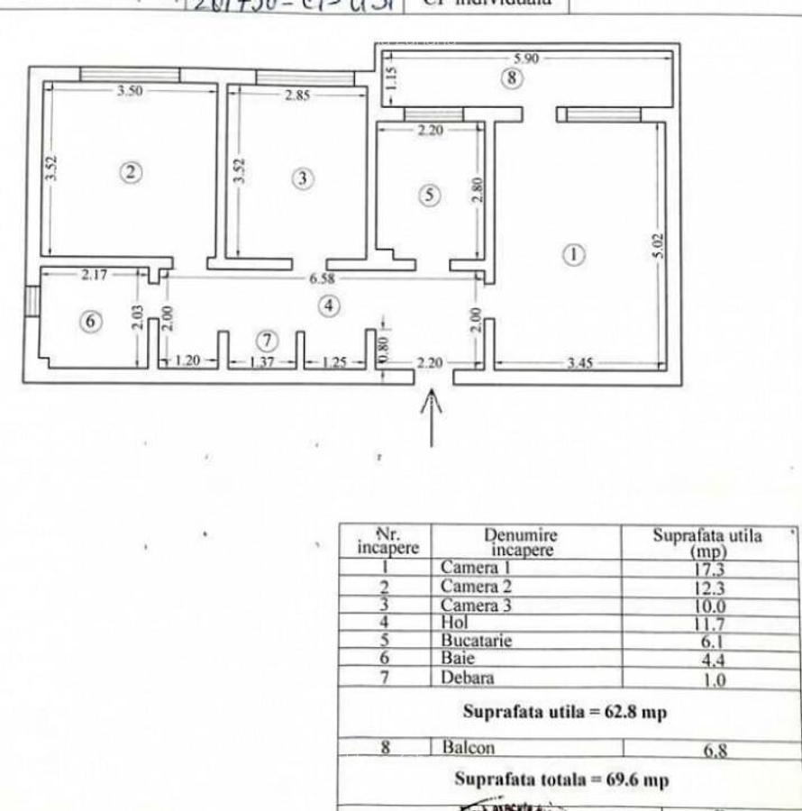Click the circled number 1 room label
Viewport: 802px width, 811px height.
tap(574, 254)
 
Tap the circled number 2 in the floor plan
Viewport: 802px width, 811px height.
tap(132, 172)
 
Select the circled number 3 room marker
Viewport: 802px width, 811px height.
tap(303, 178)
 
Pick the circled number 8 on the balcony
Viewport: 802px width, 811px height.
tap(511, 77)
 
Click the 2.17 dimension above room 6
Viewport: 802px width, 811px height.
tap(94, 275)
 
